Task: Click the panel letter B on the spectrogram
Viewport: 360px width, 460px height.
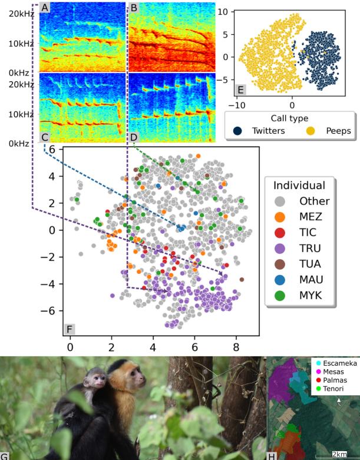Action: [134, 8]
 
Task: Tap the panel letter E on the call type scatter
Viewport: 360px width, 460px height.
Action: [240, 90]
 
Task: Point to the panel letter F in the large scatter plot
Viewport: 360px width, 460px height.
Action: [70, 327]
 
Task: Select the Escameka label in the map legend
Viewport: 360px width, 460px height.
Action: [334, 363]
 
